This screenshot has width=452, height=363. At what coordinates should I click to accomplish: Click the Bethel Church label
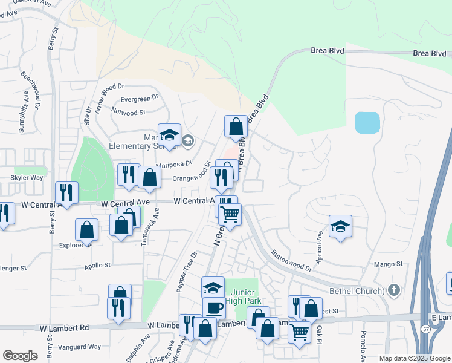[357, 291]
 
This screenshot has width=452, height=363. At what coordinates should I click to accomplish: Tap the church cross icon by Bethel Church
[395, 290]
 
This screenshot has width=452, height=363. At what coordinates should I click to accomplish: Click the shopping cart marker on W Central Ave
[230, 214]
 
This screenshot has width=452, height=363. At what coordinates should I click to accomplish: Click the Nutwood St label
[129, 111]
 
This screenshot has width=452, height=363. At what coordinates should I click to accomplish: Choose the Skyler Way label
[27, 178]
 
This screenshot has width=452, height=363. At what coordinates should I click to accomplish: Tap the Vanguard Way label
[79, 347]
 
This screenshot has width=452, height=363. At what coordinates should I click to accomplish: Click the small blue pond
[367, 123]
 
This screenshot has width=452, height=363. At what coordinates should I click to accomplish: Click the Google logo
[20, 356]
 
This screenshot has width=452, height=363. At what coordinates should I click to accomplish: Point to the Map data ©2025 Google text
[414, 358]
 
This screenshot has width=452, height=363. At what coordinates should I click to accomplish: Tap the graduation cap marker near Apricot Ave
[341, 226]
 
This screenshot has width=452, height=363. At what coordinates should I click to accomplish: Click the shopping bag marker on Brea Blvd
[236, 127]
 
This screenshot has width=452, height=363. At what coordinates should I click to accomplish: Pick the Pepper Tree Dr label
[187, 272]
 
